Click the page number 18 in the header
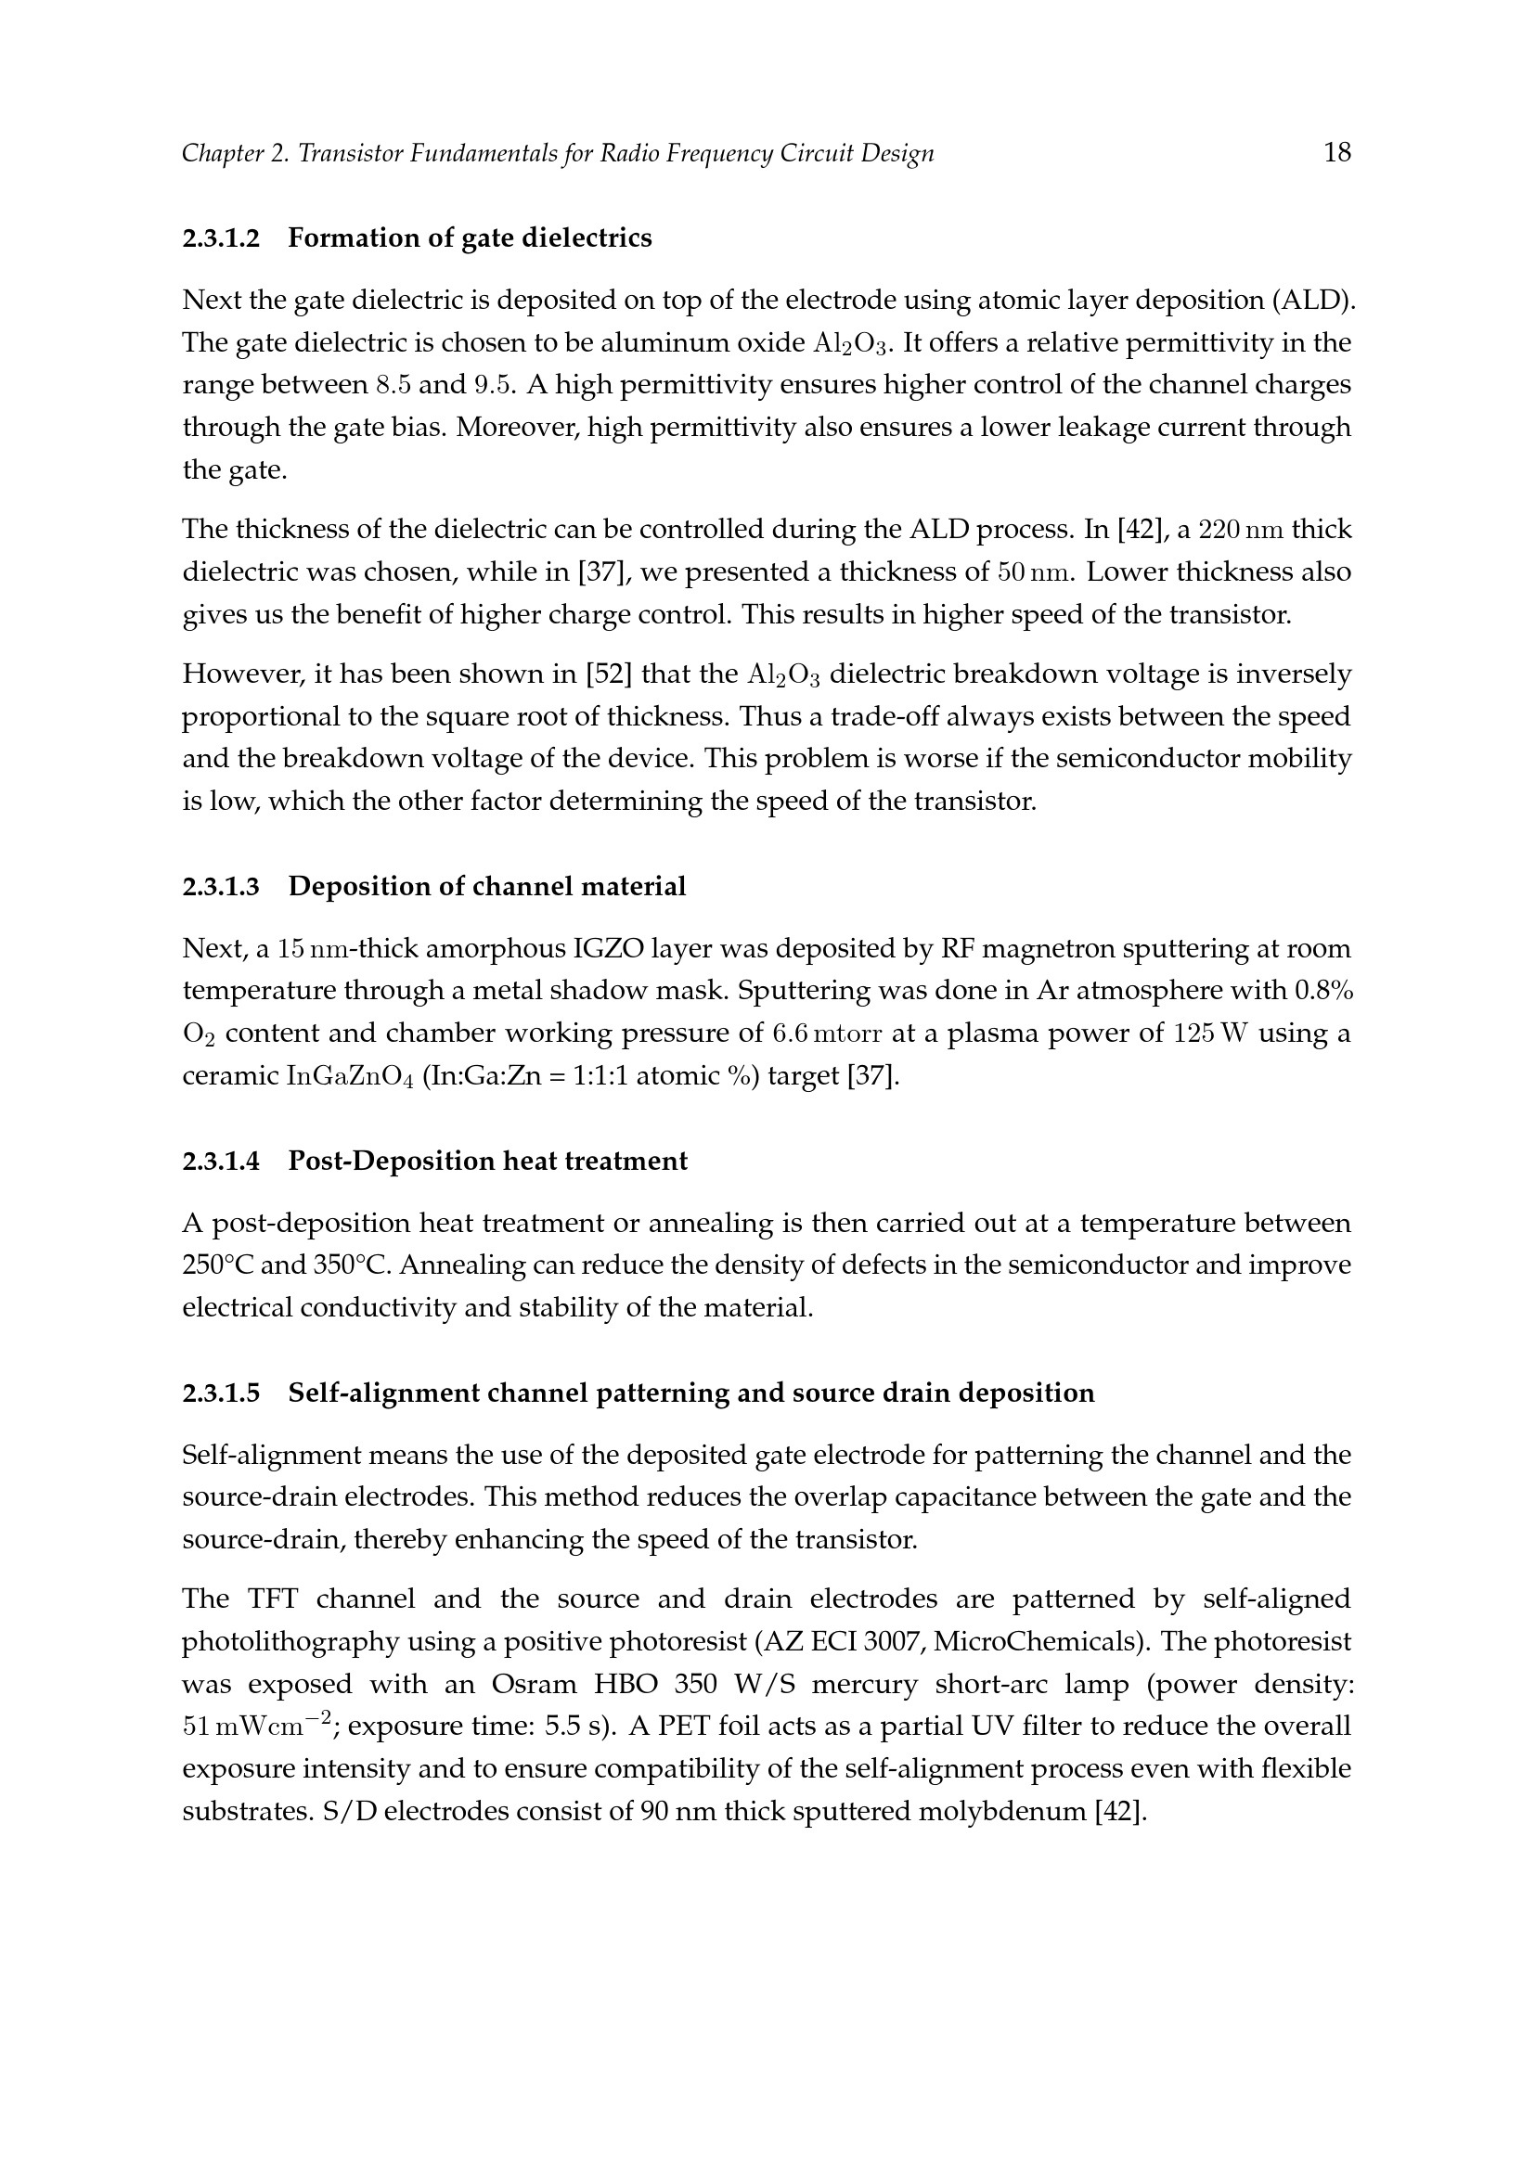[1336, 152]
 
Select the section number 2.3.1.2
[220, 238]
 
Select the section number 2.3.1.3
[220, 887]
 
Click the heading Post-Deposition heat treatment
[488, 1161]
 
